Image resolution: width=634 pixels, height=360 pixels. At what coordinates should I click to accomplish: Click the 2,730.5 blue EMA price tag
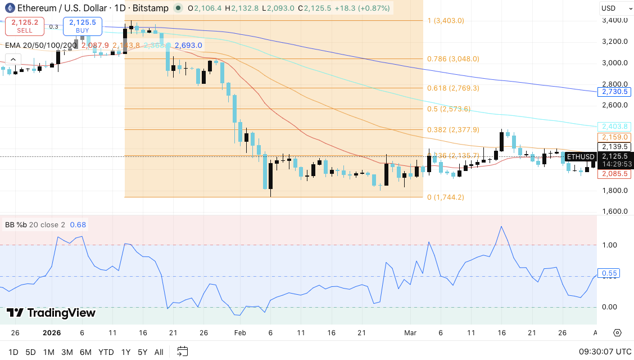pyautogui.click(x=614, y=91)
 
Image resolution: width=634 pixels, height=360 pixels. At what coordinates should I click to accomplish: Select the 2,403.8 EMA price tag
pyautogui.click(x=614, y=127)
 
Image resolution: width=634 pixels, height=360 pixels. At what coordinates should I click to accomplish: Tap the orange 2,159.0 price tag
pyautogui.click(x=614, y=137)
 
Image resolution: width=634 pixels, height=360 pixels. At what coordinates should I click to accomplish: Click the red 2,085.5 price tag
pyautogui.click(x=614, y=174)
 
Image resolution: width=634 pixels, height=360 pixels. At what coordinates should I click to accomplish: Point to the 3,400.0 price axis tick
pyautogui.click(x=614, y=20)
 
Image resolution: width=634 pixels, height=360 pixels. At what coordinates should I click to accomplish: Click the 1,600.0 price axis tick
pyautogui.click(x=614, y=211)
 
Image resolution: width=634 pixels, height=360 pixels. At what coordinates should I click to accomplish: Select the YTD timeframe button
pyautogui.click(x=106, y=352)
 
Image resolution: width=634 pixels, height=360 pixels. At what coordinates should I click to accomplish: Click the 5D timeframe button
pyautogui.click(x=30, y=352)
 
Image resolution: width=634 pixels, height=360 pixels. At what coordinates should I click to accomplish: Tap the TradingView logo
pyautogui.click(x=51, y=313)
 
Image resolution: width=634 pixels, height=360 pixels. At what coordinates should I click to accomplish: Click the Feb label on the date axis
pyautogui.click(x=240, y=333)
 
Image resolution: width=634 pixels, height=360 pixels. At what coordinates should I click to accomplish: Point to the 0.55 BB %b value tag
pyautogui.click(x=610, y=273)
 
